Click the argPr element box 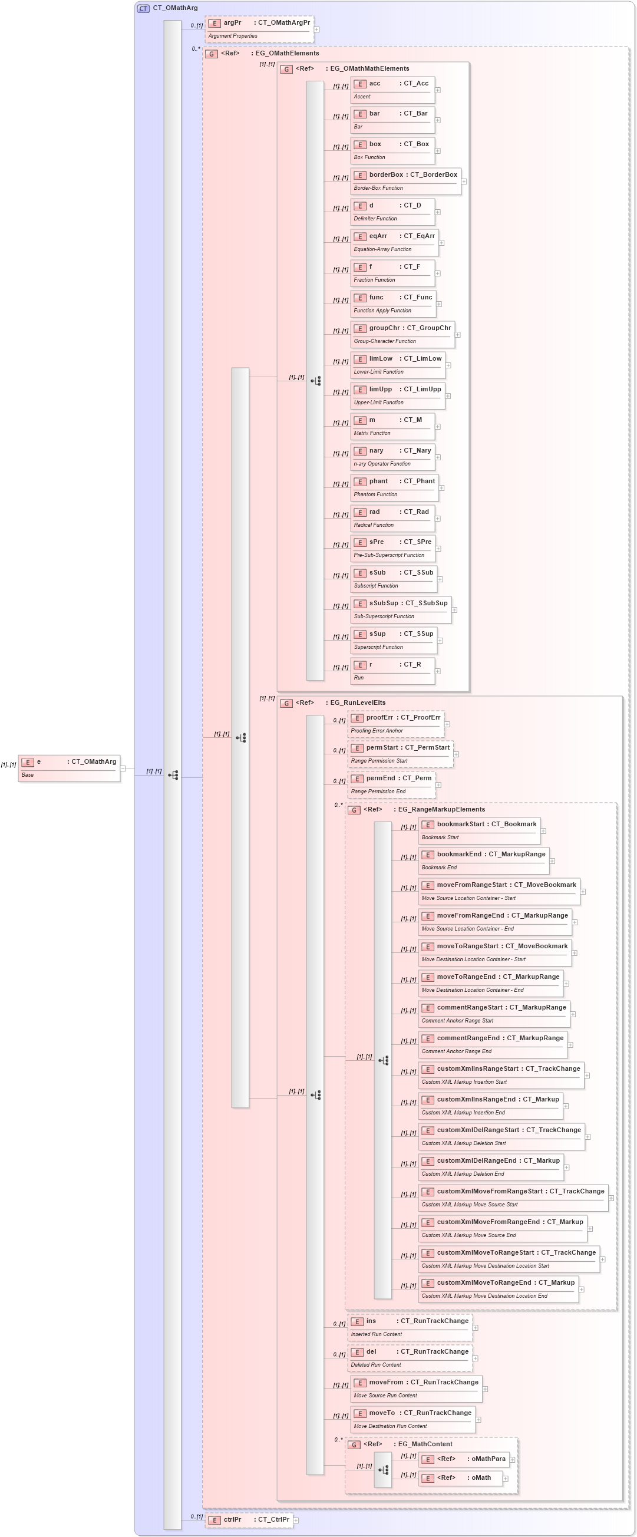click(259, 29)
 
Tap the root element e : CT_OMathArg click(68, 768)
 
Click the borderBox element click(405, 181)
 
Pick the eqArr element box click(394, 242)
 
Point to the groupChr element click(402, 334)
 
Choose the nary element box click(392, 457)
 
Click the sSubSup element click(400, 609)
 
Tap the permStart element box click(400, 754)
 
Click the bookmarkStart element click(479, 830)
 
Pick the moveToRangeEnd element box click(490, 982)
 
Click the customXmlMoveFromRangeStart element click(512, 1197)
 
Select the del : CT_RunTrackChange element click(410, 1357)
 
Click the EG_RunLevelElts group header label click(357, 703)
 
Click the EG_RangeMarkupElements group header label click(441, 809)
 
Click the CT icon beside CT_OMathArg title click(143, 8)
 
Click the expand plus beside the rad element click(438, 519)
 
